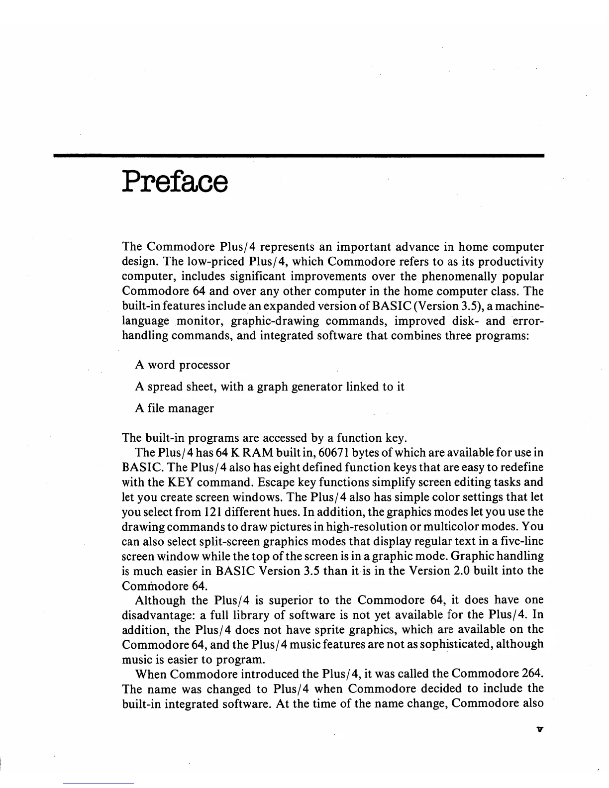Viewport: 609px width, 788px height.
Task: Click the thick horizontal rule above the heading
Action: tap(299, 156)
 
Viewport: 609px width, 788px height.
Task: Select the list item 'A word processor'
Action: tap(182, 365)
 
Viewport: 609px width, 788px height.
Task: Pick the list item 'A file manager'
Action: tap(174, 408)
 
